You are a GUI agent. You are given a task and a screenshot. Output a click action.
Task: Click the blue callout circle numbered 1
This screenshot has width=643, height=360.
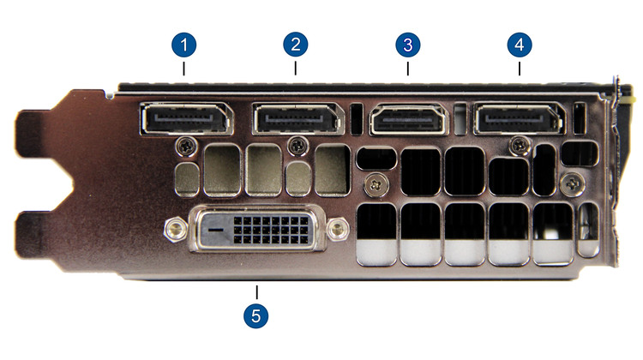pos(184,43)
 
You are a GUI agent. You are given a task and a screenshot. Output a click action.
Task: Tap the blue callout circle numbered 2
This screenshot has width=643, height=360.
pos(296,43)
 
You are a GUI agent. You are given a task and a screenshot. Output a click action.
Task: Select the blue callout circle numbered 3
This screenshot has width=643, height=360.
pos(408,43)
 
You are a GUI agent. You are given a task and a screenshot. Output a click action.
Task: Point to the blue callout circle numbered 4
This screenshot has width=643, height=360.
pos(519,43)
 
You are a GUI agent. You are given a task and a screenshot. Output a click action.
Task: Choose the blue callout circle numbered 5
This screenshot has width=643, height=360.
pos(255,315)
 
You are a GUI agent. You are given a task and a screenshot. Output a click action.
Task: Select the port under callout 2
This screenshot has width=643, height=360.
pos(297,118)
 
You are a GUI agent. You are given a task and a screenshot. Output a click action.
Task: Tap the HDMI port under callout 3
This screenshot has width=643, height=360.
pos(408,119)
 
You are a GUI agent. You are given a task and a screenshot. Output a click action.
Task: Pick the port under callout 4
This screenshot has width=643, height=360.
pos(519,118)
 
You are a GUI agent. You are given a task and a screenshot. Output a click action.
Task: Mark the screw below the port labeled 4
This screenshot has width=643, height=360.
pos(519,143)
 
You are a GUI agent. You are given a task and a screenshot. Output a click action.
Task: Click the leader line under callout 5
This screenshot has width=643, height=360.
pos(255,291)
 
